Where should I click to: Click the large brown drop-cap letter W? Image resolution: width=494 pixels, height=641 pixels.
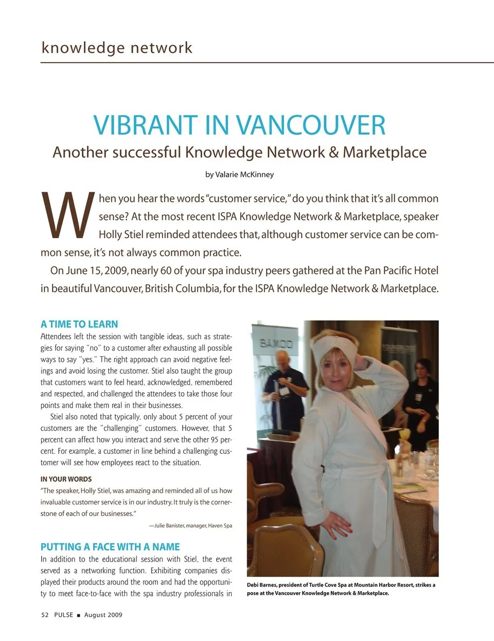click(x=68, y=216)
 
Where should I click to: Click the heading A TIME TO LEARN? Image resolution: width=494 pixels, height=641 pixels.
click(x=79, y=324)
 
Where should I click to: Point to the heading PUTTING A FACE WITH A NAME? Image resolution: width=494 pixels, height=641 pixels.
click(x=110, y=547)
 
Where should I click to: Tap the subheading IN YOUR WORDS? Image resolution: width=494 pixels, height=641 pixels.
click(x=66, y=479)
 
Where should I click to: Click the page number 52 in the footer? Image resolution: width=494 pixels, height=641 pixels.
click(x=45, y=615)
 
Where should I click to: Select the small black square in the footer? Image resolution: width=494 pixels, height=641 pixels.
click(x=79, y=615)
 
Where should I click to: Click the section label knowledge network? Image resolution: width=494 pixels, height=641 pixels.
click(x=117, y=48)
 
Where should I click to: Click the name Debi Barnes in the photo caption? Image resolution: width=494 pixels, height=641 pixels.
click(x=261, y=585)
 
